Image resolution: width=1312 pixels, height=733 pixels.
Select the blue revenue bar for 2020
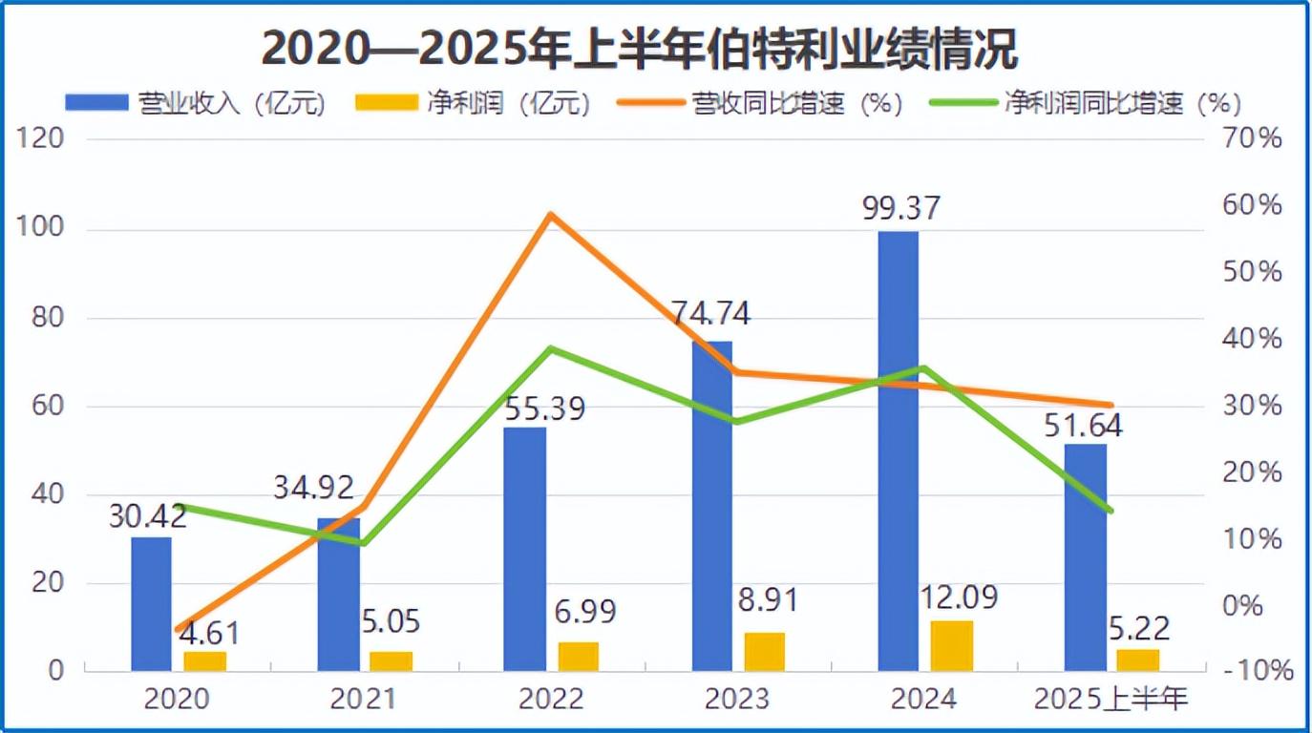pyautogui.click(x=151, y=603)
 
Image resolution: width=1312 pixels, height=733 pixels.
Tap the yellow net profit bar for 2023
pyautogui.click(x=764, y=651)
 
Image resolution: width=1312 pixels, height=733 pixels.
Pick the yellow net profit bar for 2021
pyautogui.click(x=391, y=660)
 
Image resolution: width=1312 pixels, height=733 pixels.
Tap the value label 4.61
pyautogui.click(x=207, y=633)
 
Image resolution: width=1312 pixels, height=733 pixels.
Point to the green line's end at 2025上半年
pyautogui.click(x=1111, y=511)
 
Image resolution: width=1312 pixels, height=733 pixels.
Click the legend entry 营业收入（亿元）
pyautogui.click(x=196, y=103)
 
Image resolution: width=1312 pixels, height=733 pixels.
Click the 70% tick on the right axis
pyautogui.click(x=1254, y=139)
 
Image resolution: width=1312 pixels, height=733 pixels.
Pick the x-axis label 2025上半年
pyautogui.click(x=1111, y=701)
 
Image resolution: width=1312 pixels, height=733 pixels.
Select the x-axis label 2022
pyautogui.click(x=551, y=701)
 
